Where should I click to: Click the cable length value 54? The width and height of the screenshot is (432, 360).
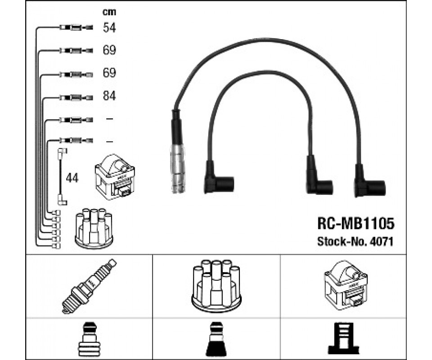tap(109, 28)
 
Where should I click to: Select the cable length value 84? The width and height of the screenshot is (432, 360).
tap(109, 96)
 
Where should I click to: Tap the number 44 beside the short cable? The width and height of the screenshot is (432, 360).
tap(72, 178)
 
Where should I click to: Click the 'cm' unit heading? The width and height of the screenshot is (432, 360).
tap(109, 12)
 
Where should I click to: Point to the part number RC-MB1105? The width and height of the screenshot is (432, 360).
tap(355, 223)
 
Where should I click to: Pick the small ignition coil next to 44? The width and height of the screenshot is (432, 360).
tap(115, 177)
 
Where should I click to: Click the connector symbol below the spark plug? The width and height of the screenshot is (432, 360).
tap(90, 338)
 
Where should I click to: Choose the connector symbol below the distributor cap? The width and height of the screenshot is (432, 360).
tap(216, 338)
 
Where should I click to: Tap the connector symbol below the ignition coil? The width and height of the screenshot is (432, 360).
tap(345, 338)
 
